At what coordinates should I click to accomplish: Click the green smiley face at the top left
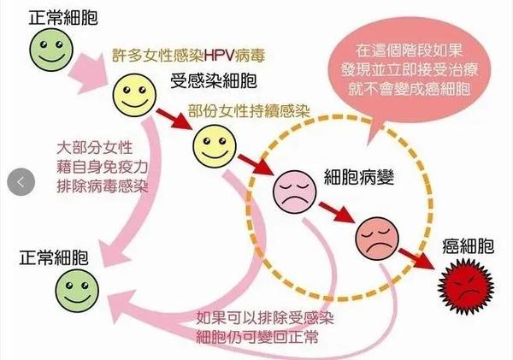(51, 50)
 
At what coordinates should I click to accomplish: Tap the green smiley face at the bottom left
(77, 291)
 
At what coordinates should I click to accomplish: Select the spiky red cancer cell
(466, 286)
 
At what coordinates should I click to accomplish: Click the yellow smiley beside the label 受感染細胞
(134, 95)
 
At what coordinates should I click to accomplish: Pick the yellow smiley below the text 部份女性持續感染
(215, 146)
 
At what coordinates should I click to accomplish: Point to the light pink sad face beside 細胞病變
(295, 192)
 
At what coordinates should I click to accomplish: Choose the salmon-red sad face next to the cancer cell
(377, 239)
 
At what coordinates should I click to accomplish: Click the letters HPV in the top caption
(219, 56)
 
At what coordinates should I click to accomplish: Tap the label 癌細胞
(468, 246)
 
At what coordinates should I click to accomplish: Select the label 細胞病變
(359, 177)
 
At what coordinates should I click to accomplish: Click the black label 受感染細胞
(213, 80)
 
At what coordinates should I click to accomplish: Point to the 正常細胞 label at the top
(63, 17)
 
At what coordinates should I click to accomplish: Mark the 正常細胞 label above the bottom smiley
(54, 257)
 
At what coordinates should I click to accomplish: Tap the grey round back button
(21, 182)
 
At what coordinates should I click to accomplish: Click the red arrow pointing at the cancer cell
(417, 259)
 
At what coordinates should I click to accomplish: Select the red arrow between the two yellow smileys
(174, 119)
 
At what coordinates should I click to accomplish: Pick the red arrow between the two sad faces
(337, 212)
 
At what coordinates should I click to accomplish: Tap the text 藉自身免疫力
(103, 168)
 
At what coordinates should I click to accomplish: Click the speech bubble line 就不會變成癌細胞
(410, 88)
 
